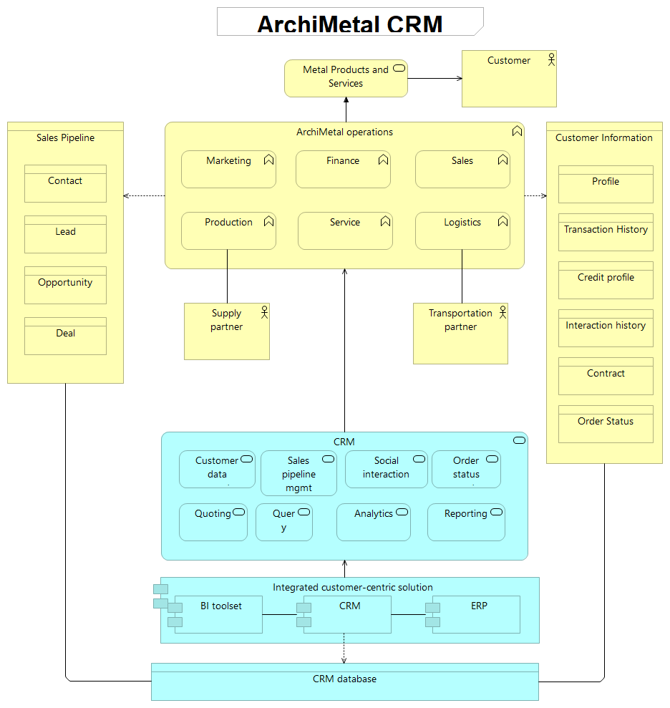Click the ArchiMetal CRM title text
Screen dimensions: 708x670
pos(350,24)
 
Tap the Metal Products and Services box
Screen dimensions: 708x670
pos(346,77)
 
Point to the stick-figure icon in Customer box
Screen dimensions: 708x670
pos(550,59)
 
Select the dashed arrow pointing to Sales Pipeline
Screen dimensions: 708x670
pos(144,195)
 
